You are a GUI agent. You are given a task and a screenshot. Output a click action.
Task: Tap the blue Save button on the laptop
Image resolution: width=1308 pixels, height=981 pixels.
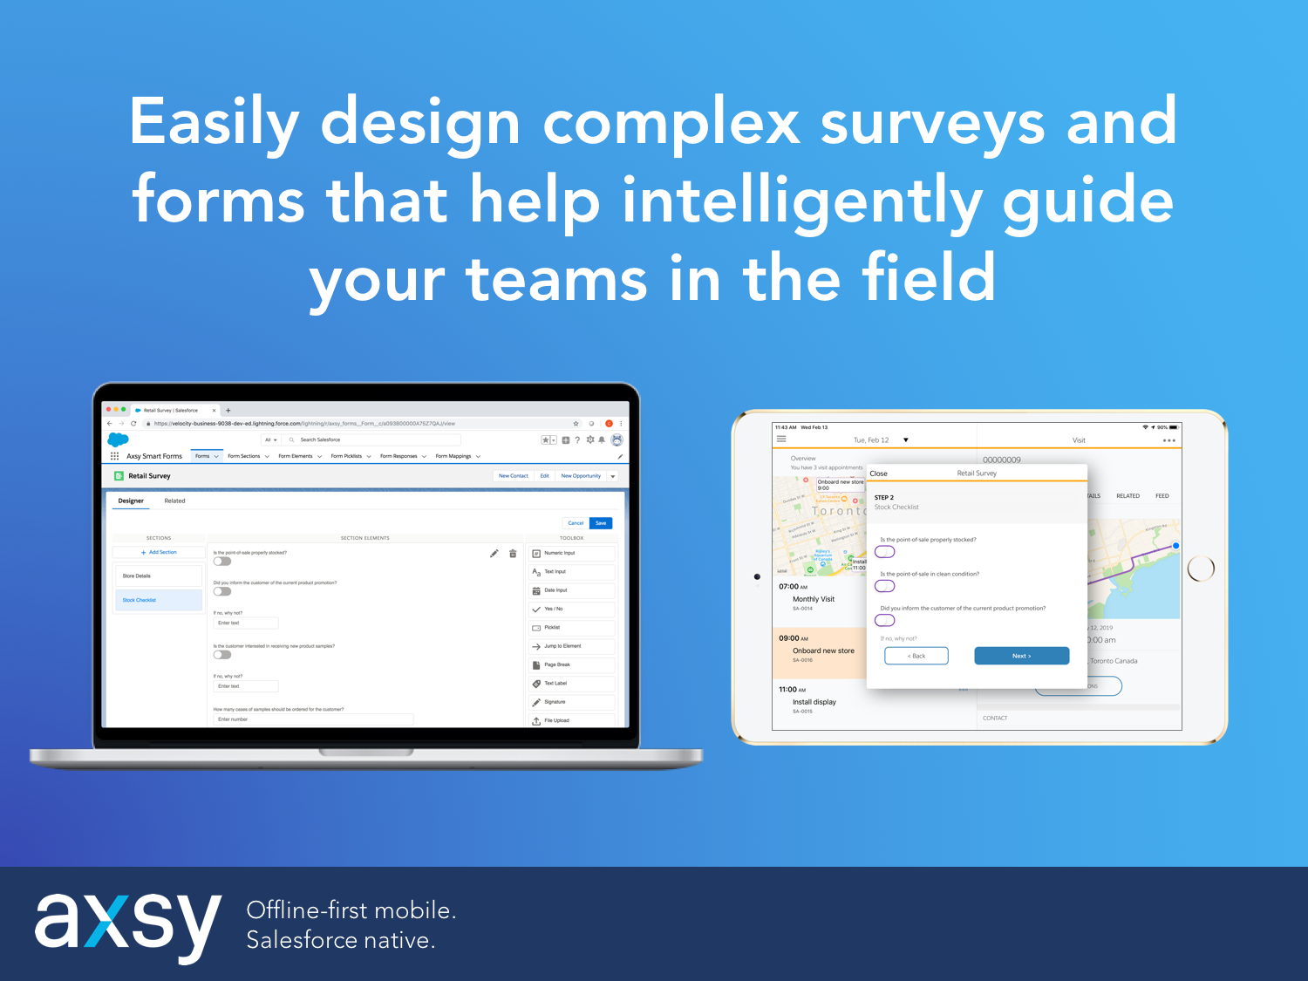[601, 523]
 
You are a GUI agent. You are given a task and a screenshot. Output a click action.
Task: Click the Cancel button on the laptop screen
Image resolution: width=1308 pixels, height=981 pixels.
[576, 523]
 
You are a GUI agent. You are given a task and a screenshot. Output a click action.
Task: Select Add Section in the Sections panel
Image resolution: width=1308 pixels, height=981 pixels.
[159, 552]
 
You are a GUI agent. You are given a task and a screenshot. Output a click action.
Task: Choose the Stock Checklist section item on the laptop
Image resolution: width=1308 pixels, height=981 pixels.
[158, 600]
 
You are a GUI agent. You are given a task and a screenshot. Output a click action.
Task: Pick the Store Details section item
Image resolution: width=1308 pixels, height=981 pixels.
[158, 576]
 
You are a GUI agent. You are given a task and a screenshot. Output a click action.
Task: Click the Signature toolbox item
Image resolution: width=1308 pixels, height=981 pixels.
[571, 702]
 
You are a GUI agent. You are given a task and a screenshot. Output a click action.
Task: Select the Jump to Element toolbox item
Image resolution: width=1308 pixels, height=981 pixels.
[571, 646]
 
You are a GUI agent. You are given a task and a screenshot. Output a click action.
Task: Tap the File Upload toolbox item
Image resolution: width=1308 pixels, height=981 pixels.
[571, 720]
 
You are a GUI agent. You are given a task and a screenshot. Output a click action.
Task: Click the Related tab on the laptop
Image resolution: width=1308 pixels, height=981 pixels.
[174, 501]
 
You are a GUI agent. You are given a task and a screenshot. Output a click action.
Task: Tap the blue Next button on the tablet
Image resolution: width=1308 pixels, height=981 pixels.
[1021, 656]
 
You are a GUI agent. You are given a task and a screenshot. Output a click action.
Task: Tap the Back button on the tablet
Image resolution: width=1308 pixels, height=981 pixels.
[916, 656]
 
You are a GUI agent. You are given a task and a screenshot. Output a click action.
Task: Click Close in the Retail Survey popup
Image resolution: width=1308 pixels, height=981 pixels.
[878, 473]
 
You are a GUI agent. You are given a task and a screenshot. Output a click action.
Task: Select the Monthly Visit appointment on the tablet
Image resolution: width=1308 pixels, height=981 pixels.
[814, 599]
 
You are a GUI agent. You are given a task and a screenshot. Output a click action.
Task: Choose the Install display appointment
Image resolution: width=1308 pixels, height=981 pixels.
[814, 702]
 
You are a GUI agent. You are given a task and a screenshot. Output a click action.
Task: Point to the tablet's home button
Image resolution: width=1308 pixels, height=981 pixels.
[1201, 569]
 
